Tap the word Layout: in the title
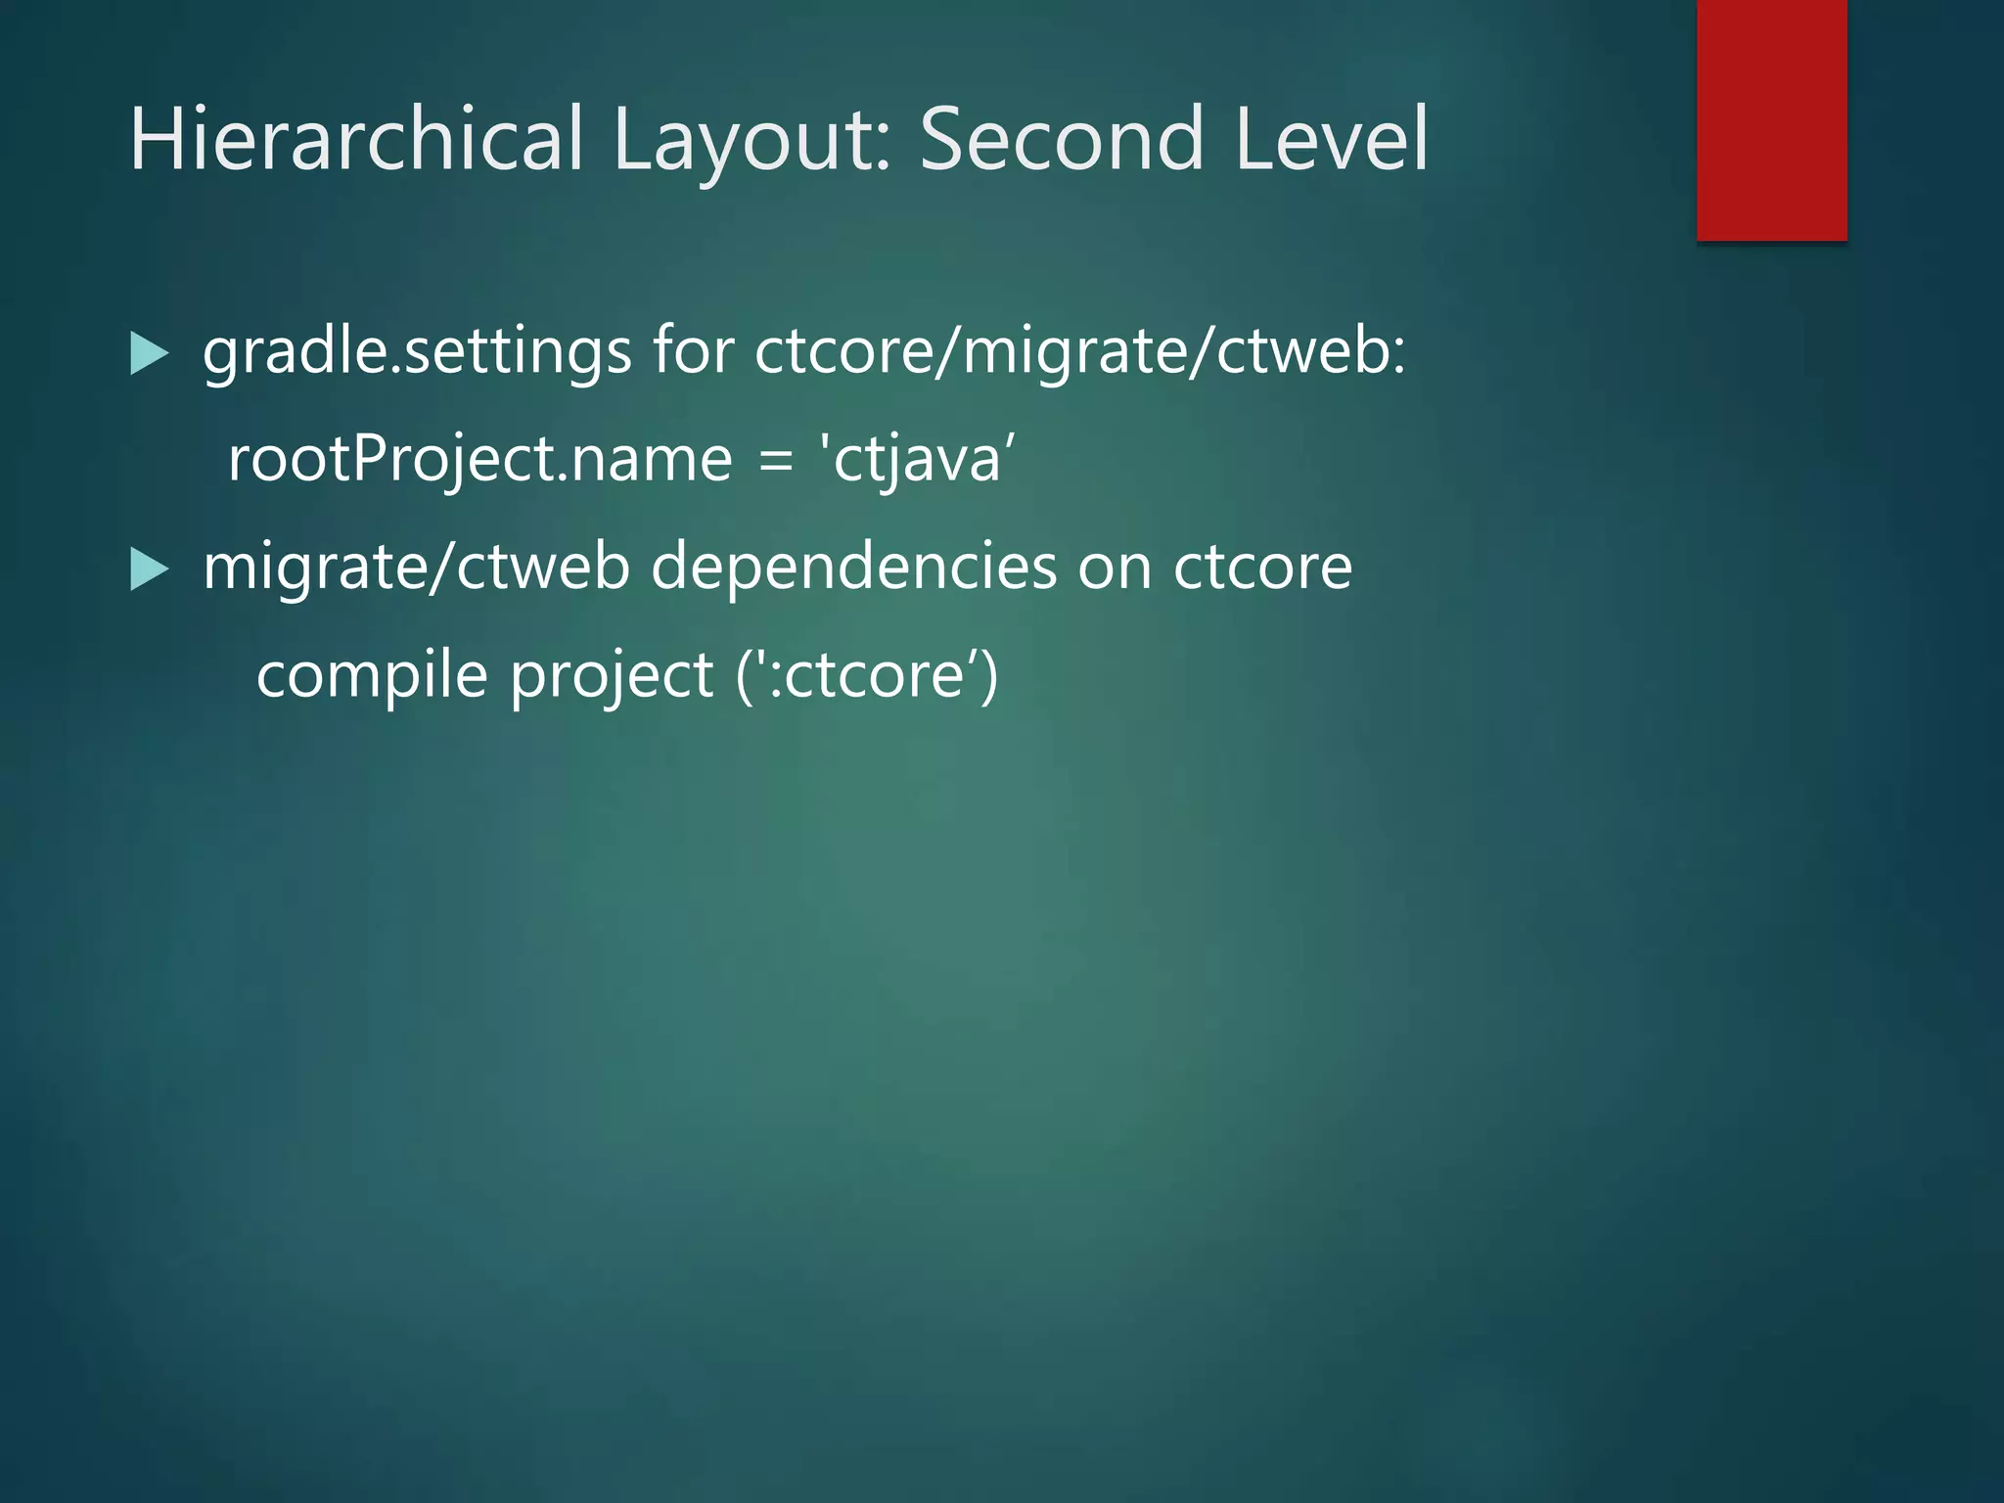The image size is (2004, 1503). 751,139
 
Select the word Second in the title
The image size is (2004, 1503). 1061,139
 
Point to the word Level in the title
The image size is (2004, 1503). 1331,139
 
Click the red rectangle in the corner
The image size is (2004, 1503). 1771,119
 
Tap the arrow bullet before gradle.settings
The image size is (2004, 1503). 149,354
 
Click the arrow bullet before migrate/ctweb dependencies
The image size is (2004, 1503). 149,569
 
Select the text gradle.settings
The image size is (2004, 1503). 417,352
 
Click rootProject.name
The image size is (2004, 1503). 479,460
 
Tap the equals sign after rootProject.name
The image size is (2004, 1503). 775,460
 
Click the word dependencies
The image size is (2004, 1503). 853,568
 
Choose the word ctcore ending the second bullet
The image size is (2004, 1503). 1262,568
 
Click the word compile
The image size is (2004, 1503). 372,675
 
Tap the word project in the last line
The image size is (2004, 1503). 612,675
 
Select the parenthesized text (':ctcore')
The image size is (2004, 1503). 867,675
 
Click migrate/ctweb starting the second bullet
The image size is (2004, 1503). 416,568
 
